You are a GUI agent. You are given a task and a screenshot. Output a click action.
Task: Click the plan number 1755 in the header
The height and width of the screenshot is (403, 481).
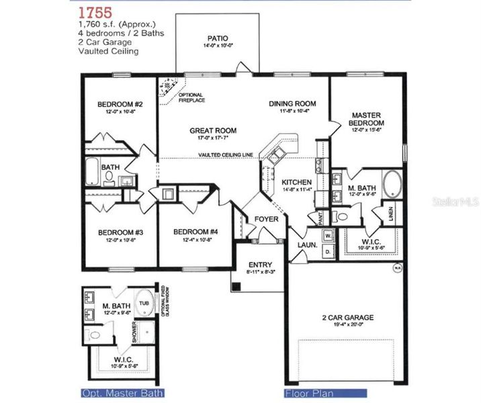click(x=95, y=12)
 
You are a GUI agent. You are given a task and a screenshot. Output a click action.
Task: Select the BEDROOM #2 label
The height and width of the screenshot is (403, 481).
click(x=120, y=104)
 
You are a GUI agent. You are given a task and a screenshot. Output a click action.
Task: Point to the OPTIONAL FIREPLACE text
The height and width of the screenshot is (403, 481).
click(x=191, y=97)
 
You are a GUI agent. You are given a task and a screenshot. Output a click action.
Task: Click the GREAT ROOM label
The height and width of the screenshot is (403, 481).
click(x=213, y=131)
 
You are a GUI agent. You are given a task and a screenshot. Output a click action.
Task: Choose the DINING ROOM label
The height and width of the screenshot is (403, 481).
click(x=292, y=103)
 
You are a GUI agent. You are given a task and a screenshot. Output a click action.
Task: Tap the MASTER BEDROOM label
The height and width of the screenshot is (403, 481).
click(x=367, y=120)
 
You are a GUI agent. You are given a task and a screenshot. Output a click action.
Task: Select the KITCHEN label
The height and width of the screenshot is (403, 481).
click(x=296, y=183)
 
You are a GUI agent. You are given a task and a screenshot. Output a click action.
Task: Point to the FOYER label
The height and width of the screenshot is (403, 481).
click(x=266, y=219)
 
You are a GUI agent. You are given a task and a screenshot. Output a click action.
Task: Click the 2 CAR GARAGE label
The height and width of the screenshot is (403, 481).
click(x=347, y=318)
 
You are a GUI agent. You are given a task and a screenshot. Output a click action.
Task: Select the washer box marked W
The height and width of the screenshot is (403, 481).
click(x=328, y=236)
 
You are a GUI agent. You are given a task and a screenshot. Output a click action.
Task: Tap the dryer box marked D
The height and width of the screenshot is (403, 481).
click(x=328, y=251)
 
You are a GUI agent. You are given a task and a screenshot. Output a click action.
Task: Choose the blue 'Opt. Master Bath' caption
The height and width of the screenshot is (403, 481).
click(x=122, y=393)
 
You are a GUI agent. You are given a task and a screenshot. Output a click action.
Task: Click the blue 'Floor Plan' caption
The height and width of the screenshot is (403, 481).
click(x=307, y=393)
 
